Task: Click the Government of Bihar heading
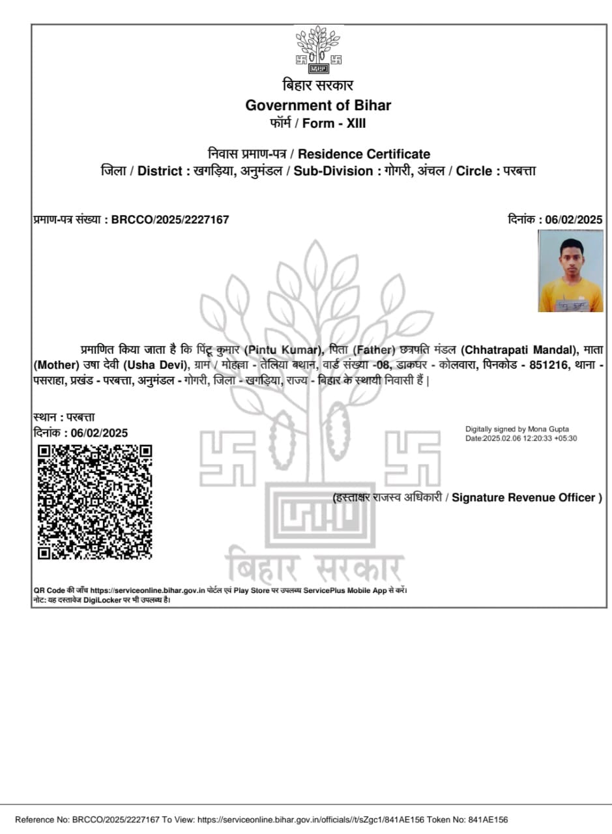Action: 318,105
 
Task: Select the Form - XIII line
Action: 318,123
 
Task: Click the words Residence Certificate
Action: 364,154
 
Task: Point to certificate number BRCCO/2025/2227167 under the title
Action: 170,220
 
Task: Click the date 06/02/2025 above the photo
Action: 574,220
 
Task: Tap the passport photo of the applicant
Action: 570,270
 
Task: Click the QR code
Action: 95,502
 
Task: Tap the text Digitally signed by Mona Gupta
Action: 517,429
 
